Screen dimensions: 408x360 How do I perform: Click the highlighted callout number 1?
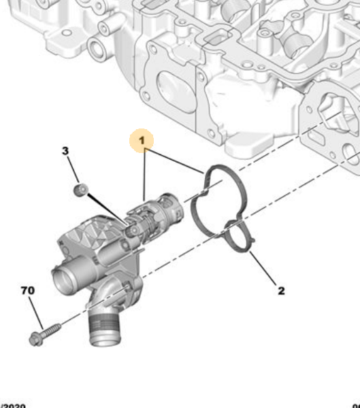(x=142, y=141)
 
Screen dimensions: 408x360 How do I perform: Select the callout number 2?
(x=280, y=291)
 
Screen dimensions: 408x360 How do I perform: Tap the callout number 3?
(x=66, y=150)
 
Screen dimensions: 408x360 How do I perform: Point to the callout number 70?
(x=27, y=291)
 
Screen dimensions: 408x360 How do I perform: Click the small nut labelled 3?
(x=81, y=189)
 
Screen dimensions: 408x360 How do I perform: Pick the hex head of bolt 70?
(x=36, y=338)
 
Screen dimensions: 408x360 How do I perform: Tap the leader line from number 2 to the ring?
(x=263, y=269)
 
